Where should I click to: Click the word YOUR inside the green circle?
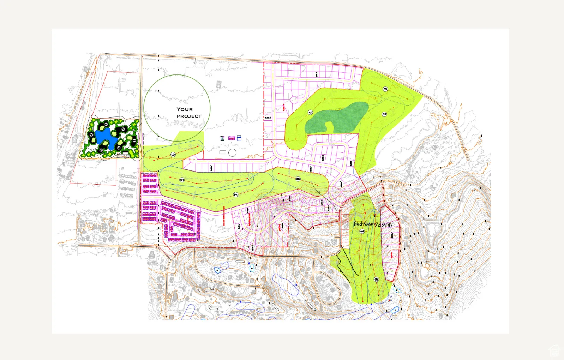185,109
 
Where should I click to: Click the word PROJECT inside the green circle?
189,116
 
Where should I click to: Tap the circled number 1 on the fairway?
362,231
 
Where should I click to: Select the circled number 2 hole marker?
384,114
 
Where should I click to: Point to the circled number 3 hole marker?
385,89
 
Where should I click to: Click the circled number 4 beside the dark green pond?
310,113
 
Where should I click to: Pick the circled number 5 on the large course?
182,180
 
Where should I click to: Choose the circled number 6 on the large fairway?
173,155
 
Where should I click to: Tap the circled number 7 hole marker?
236,195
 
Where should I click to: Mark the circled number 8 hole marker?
298,179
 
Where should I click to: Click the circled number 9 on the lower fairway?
376,280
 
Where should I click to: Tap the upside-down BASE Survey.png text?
373,224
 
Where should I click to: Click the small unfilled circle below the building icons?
232,152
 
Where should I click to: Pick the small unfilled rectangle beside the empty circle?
223,152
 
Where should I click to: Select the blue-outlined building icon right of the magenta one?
239,138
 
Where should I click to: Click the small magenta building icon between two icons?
232,138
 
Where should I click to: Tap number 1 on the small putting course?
134,140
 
